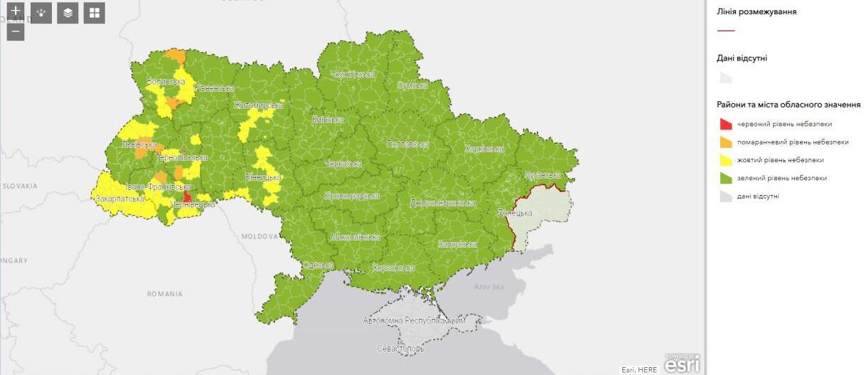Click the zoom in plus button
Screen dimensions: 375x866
point(16,11)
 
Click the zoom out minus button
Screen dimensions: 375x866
point(16,32)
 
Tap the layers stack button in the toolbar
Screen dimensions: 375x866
point(68,13)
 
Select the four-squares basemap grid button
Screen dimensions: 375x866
point(94,13)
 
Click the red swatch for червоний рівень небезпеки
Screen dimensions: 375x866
point(725,125)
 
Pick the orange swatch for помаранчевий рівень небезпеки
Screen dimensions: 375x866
point(725,142)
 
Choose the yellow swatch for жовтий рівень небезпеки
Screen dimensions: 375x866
point(725,160)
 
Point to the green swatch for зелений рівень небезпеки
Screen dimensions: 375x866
point(725,178)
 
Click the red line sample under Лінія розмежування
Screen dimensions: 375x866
point(726,31)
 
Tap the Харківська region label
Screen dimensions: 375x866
point(483,149)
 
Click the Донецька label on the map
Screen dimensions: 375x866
point(514,213)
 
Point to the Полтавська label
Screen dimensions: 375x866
point(407,144)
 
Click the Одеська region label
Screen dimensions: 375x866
point(318,265)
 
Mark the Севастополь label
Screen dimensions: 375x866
point(401,349)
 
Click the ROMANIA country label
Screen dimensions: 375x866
point(164,294)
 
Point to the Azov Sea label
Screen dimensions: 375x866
point(488,286)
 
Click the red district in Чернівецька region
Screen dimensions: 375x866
point(187,196)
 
